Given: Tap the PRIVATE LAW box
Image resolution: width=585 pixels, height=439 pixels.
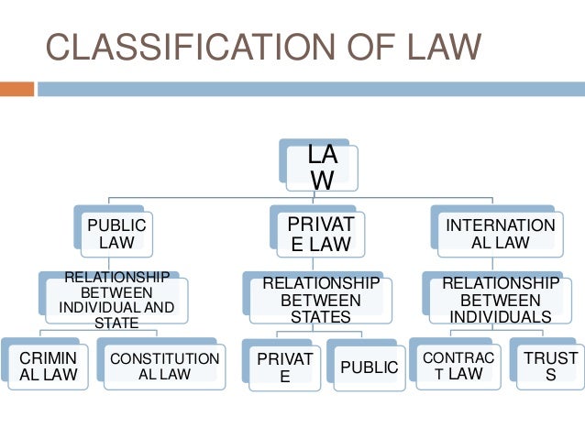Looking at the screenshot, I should click(314, 234).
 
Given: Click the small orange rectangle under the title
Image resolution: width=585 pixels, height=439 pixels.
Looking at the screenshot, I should click(17, 89).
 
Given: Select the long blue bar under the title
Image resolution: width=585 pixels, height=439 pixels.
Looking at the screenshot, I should click(310, 89).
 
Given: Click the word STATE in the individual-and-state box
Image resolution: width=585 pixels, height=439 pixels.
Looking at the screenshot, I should click(116, 323).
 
